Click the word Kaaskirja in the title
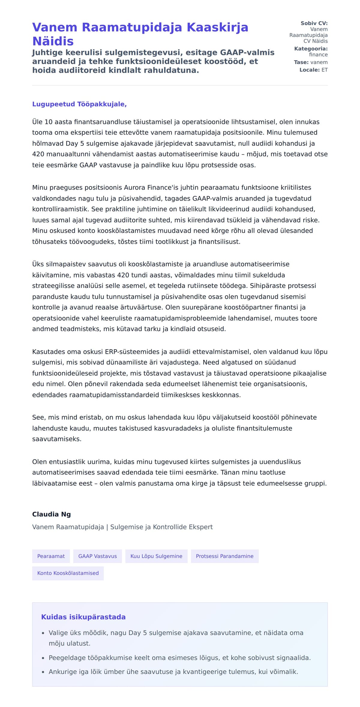click(x=217, y=27)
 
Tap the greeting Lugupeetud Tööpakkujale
click(x=79, y=104)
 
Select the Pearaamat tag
click(x=51, y=556)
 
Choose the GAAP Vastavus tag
click(x=97, y=556)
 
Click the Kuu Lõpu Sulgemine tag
click(x=156, y=556)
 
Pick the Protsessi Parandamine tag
click(x=225, y=556)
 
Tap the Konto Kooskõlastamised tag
click(x=68, y=573)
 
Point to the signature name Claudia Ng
click(x=52, y=514)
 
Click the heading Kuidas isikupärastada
click(x=83, y=617)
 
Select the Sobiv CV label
click(x=314, y=23)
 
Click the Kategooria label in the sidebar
click(x=311, y=49)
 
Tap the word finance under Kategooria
click(x=318, y=55)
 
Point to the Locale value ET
click(x=325, y=70)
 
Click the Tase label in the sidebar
click(x=301, y=62)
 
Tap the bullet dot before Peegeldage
click(x=43, y=658)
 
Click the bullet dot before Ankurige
click(x=43, y=672)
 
